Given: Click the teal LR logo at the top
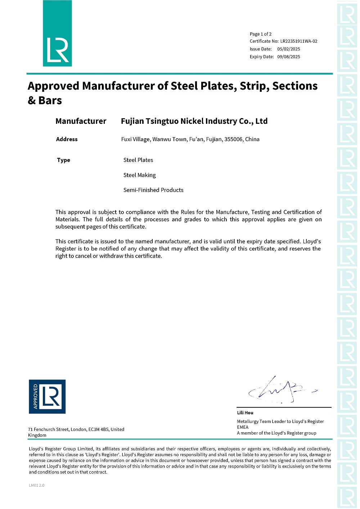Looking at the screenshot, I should (57, 33).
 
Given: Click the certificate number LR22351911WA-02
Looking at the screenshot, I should (299, 41).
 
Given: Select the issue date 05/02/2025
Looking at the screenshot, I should (288, 49).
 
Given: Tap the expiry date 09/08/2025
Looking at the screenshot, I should (288, 57).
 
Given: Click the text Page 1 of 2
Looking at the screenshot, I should (261, 34).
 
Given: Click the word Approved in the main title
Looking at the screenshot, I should (53, 86).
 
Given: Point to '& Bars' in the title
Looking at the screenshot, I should (45, 101).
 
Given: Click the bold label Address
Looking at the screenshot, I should (67, 139).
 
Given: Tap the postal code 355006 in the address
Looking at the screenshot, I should (233, 139).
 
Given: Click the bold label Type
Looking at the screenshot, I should (63, 160).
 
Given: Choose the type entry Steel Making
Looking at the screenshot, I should (139, 175).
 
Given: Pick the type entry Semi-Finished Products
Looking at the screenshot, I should (153, 190).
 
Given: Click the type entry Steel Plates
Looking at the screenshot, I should (138, 160).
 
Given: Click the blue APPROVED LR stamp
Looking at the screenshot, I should (47, 396).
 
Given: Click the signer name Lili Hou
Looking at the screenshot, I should (245, 413).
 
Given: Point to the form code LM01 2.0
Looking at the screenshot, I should (37, 485).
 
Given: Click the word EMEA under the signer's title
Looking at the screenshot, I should (243, 427).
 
